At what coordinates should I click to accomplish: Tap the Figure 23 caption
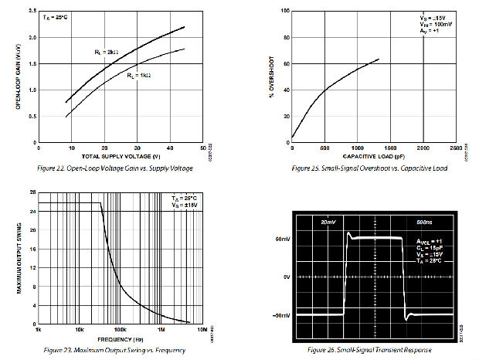(x=114, y=350)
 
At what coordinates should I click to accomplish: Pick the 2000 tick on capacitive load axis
(x=423, y=148)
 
